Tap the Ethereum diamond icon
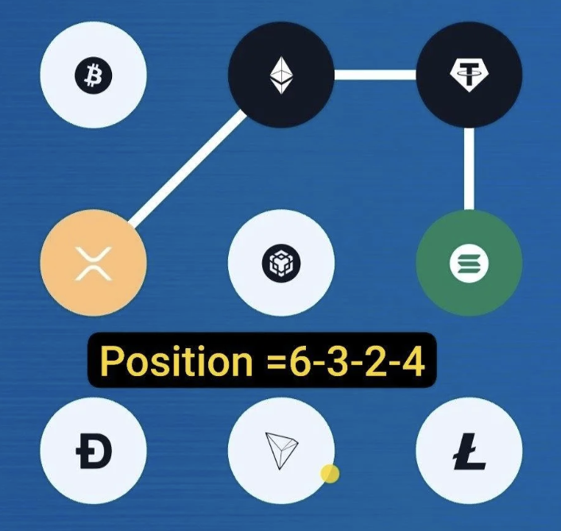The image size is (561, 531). tap(281, 76)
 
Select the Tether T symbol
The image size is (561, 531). tap(469, 76)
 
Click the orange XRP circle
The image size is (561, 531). tap(94, 263)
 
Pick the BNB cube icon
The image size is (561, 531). tap(281, 263)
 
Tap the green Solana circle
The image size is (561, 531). tap(469, 263)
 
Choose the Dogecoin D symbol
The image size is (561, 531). tap(94, 451)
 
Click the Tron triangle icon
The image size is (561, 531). tap(281, 451)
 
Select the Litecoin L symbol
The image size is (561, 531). tap(470, 452)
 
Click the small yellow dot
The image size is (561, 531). tap(330, 474)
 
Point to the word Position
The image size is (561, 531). tap(176, 361)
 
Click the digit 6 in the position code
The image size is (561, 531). tap(302, 361)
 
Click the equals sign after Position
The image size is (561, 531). tap(277, 362)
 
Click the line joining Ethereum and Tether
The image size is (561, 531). tap(375, 75)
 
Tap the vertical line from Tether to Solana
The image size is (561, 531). tap(469, 169)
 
